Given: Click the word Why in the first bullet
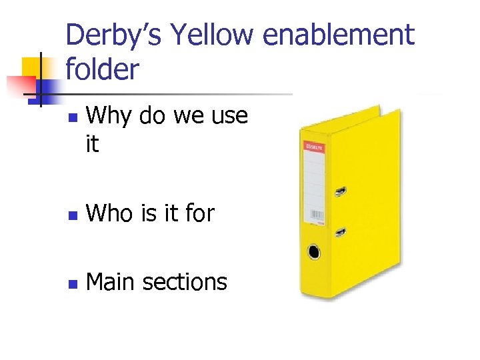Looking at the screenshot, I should pyautogui.click(x=108, y=117).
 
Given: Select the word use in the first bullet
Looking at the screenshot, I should pyautogui.click(x=229, y=117).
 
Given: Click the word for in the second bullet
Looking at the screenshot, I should pyautogui.click(x=199, y=213).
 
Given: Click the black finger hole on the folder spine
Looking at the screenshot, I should pyautogui.click(x=313, y=252).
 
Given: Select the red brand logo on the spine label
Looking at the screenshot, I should pyautogui.click(x=313, y=146).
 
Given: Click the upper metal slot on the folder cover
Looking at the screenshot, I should pyautogui.click(x=340, y=191).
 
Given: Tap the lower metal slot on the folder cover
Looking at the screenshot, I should pyautogui.click(x=340, y=232).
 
